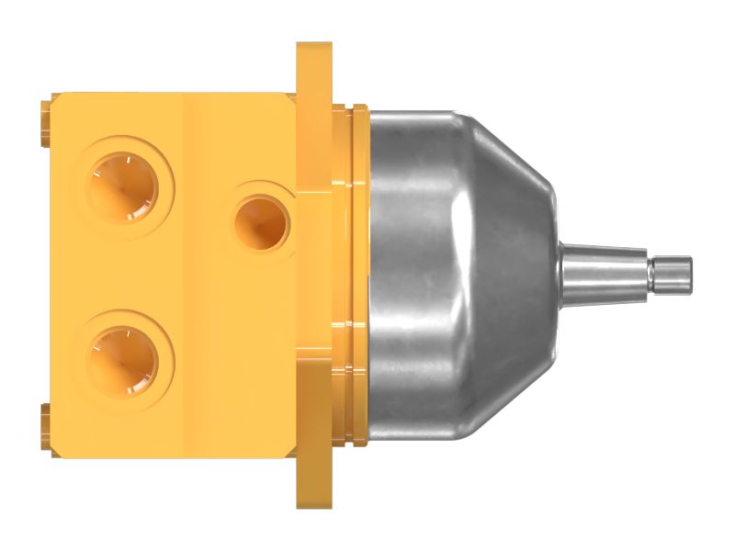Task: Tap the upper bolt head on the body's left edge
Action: click(x=45, y=125)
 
